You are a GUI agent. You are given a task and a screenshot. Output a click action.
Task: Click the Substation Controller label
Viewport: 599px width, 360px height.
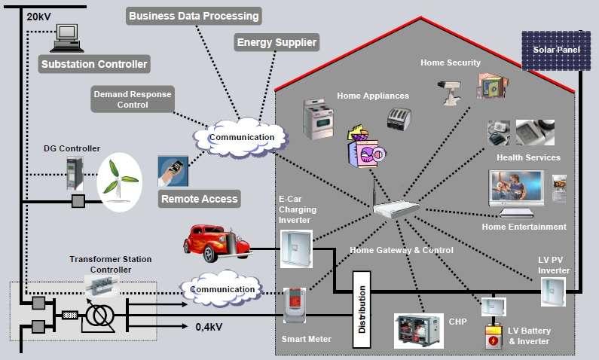(94, 64)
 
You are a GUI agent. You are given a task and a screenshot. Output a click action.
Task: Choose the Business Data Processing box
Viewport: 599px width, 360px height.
(194, 16)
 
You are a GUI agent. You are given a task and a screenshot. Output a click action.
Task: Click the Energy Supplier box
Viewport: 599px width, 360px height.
(277, 41)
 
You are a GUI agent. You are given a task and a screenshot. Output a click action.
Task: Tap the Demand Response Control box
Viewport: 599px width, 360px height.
(132, 99)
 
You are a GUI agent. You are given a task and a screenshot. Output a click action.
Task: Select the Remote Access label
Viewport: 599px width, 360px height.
(199, 199)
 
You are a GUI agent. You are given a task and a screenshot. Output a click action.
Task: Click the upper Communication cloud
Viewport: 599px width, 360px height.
(240, 137)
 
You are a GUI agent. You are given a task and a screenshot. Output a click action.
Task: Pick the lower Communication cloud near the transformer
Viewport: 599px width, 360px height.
(221, 289)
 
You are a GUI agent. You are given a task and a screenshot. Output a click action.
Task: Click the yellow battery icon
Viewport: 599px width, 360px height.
(494, 337)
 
